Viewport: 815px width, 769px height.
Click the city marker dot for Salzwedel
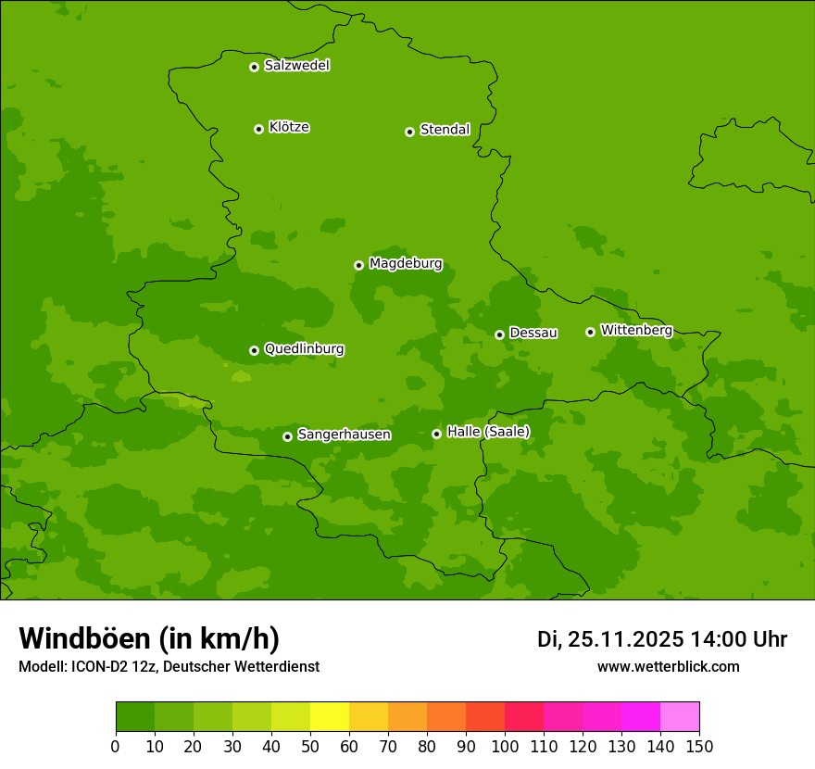pyautogui.click(x=254, y=67)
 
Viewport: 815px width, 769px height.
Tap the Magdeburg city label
pyautogui.click(x=406, y=263)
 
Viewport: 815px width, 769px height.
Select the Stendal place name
pyautogui.click(x=445, y=130)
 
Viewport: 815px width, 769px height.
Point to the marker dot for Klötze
pyautogui.click(x=258, y=129)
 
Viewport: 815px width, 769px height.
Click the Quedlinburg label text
pyautogui.click(x=304, y=349)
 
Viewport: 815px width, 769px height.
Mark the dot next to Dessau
pyautogui.click(x=499, y=334)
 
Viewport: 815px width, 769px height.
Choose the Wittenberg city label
pyautogui.click(x=636, y=330)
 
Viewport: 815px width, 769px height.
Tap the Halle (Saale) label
pyautogui.click(x=488, y=432)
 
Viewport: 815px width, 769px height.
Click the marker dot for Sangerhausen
pyautogui.click(x=287, y=436)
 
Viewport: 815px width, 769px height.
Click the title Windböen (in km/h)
pyautogui.click(x=149, y=638)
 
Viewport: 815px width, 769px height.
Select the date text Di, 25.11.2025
pyautogui.click(x=610, y=639)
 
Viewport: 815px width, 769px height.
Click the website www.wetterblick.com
pyautogui.click(x=668, y=666)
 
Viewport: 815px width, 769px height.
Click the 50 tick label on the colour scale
pyautogui.click(x=310, y=747)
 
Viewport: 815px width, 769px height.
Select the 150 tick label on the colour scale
pyautogui.click(x=699, y=747)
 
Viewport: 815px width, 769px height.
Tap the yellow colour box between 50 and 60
pyautogui.click(x=330, y=717)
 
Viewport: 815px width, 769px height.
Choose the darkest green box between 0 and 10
pyautogui.click(x=135, y=717)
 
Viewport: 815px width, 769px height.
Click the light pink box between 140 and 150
pyautogui.click(x=680, y=717)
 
